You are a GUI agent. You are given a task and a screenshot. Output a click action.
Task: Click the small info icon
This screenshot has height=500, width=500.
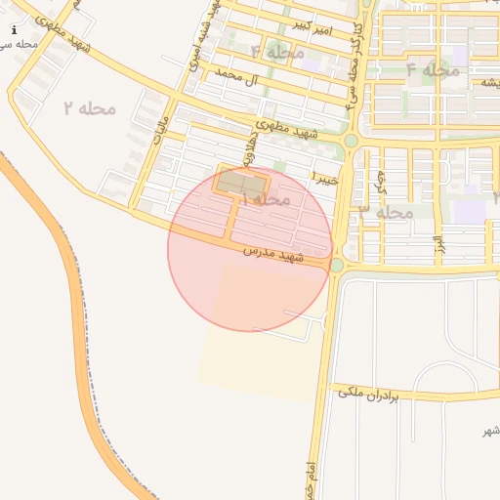tap(14, 30)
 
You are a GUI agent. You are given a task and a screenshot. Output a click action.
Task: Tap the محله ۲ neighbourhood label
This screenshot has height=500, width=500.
tap(90, 107)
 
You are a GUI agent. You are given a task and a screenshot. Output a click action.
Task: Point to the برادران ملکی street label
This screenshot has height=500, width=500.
tap(370, 393)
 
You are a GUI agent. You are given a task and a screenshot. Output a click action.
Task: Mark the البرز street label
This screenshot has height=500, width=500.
tap(438, 240)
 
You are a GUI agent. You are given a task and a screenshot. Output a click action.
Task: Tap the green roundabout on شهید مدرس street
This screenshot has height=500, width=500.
tap(337, 265)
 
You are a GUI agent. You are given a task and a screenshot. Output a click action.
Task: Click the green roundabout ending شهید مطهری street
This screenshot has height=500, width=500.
tap(350, 142)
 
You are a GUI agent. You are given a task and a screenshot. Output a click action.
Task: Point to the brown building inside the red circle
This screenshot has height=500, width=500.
tap(241, 183)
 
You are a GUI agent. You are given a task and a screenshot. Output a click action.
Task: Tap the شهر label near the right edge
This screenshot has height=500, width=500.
tap(490, 431)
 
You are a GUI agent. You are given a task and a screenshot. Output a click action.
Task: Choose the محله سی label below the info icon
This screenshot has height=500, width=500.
tap(20, 44)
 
